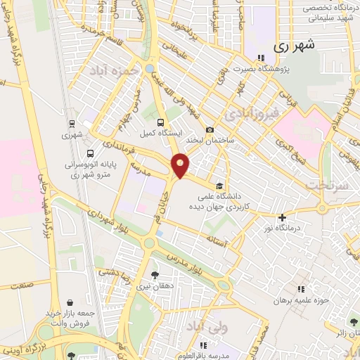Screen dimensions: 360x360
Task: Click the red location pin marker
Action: (181, 165)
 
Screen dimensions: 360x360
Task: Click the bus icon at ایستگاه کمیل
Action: (162, 121)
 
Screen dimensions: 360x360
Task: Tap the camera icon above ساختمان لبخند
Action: (210, 129)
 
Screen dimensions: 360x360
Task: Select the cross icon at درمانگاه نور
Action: (282, 218)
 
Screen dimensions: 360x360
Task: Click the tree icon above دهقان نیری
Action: (155, 275)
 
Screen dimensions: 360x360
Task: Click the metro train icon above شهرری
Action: (72, 123)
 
